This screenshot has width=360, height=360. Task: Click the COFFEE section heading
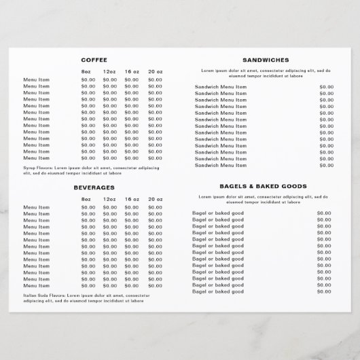point(94,60)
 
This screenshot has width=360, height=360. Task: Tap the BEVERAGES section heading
point(94,187)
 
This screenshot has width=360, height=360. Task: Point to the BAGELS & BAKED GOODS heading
point(263,185)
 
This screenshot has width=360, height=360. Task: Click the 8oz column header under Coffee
point(86,71)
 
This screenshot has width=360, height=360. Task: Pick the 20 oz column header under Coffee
point(155,71)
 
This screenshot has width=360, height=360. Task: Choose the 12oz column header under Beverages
point(109,198)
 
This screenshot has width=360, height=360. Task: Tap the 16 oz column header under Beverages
point(132,198)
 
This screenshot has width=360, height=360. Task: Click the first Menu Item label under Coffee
point(36,79)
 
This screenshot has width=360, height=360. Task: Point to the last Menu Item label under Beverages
point(36,285)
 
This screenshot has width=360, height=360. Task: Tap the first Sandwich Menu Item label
point(221,87)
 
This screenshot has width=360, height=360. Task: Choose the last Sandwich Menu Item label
point(221,165)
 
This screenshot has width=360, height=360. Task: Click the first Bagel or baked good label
point(218,213)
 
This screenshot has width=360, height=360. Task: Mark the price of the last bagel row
point(324,291)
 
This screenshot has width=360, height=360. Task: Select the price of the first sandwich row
point(327,87)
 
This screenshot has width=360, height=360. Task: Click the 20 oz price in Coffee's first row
point(155,79)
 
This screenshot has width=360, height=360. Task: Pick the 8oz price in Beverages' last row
point(88,285)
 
